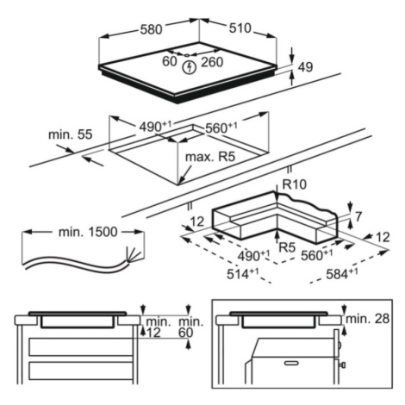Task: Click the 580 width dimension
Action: (x=151, y=29)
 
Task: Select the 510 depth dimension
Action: (x=240, y=28)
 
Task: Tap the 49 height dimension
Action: (x=305, y=67)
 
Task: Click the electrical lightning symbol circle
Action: (x=190, y=67)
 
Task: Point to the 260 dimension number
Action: (x=212, y=62)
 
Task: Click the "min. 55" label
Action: (x=71, y=134)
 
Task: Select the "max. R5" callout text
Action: (x=210, y=157)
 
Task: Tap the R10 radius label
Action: (x=295, y=184)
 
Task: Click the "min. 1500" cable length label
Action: (x=88, y=232)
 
